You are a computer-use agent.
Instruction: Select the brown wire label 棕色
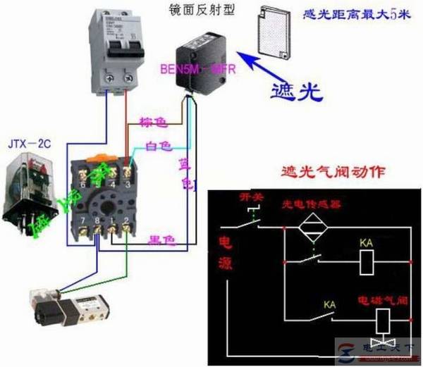pyautogui.click(x=152, y=123)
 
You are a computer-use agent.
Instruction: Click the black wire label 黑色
pyautogui.click(x=161, y=240)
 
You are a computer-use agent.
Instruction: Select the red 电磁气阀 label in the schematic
pyautogui.click(x=383, y=299)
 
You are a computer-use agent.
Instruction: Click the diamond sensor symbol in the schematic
pyautogui.click(x=312, y=228)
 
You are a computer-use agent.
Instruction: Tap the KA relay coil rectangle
pyautogui.click(x=367, y=263)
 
